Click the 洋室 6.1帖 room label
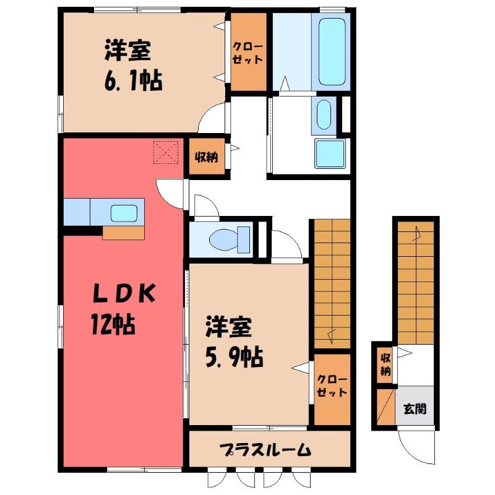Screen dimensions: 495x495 click(x=134, y=66)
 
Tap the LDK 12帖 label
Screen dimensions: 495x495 click(x=124, y=308)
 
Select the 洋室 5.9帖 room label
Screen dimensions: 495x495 click(x=235, y=342)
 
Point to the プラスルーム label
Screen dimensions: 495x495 click(x=265, y=450)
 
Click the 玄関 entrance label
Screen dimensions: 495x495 click(x=415, y=409)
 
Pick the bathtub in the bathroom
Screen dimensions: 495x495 click(x=332, y=52)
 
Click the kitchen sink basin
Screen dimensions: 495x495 click(x=124, y=213)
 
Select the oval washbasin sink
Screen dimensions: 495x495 click(x=324, y=114)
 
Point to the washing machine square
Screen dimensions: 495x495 click(x=330, y=153)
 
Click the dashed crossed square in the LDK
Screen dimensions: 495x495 click(x=166, y=152)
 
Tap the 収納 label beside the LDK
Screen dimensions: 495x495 click(x=207, y=157)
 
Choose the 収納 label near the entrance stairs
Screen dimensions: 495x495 click(x=385, y=364)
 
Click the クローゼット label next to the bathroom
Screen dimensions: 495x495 click(x=248, y=53)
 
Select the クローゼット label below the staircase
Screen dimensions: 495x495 click(x=332, y=386)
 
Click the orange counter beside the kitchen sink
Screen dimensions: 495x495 click(x=123, y=233)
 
